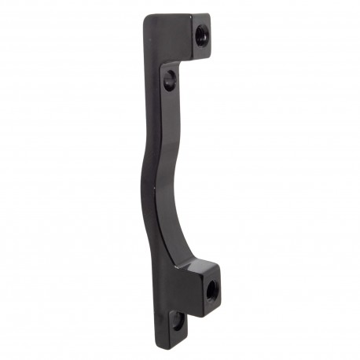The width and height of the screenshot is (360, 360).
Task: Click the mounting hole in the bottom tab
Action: (x=179, y=321)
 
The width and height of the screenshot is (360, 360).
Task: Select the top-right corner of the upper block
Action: (x=209, y=15)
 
